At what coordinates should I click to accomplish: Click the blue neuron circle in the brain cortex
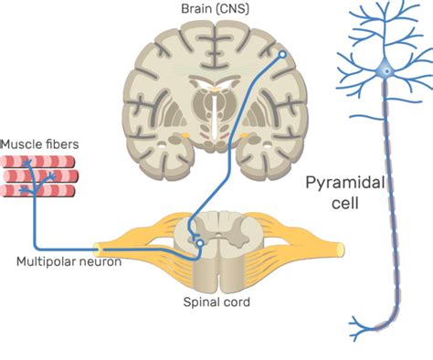[282, 55]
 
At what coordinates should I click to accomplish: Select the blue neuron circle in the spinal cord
[198, 244]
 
